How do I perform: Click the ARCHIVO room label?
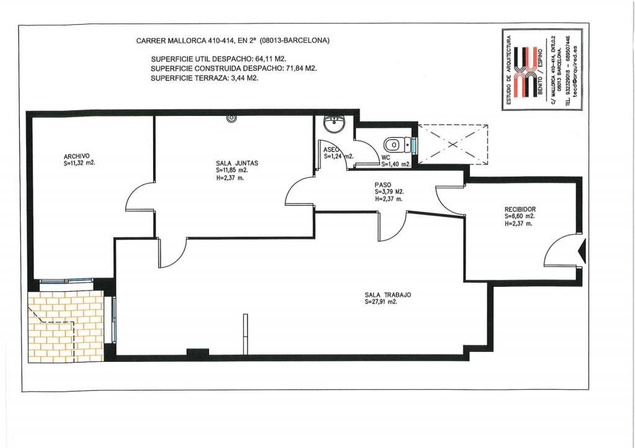[x=76, y=156]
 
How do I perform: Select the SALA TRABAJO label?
[x=388, y=295]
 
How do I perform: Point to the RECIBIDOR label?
[x=520, y=209]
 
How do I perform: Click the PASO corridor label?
[x=383, y=185]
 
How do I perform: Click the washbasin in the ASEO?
[x=334, y=123]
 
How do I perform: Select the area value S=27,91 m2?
[x=381, y=302]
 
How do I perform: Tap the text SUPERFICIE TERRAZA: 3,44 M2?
[x=205, y=78]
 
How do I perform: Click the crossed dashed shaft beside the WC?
[x=453, y=144]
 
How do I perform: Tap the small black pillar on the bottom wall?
[x=198, y=352]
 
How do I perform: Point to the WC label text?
[x=386, y=157]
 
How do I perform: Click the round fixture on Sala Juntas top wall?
[x=231, y=118]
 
